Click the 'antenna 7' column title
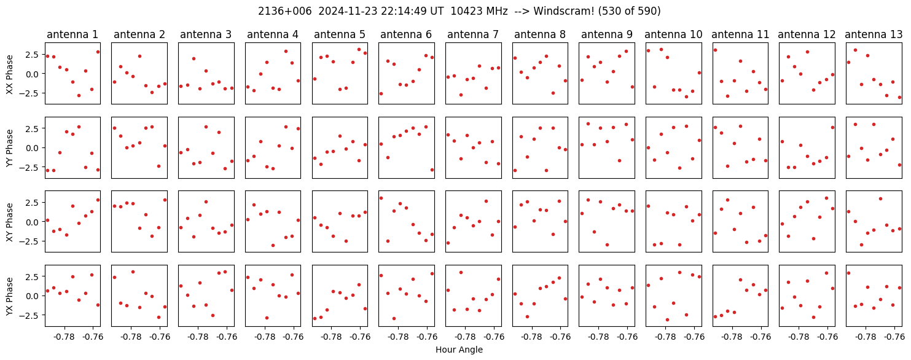coord(473,35)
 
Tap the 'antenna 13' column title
coord(874,35)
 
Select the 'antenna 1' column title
coord(72,35)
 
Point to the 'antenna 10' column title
coord(673,35)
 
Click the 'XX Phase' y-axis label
coord(10,74)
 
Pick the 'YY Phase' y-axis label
coord(10,148)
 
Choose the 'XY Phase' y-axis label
coord(10,222)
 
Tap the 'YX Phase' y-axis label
coord(10,296)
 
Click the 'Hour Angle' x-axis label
coord(459,350)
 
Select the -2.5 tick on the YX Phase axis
coord(30,315)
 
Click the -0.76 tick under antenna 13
coord(894,337)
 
